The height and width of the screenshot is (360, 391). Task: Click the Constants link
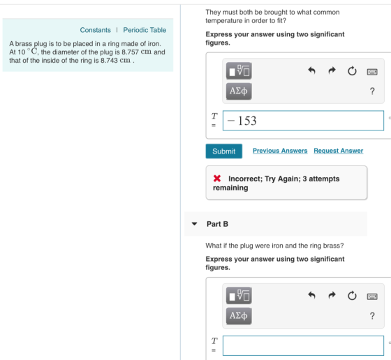(x=95, y=30)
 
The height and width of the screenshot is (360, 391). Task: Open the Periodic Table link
(x=145, y=30)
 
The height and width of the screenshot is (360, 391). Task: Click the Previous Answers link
(x=280, y=151)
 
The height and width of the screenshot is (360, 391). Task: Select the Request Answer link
(x=339, y=151)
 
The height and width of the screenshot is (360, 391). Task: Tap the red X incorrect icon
(x=217, y=179)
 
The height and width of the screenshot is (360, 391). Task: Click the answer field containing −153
(x=303, y=121)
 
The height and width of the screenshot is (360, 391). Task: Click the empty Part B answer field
(x=303, y=345)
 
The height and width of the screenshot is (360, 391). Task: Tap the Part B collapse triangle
(x=194, y=224)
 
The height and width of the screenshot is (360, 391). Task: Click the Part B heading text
(x=217, y=224)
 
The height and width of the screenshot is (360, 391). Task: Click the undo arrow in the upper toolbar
(x=311, y=70)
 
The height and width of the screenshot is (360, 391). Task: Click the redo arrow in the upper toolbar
(x=332, y=70)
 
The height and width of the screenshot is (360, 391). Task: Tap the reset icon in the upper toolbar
(x=352, y=71)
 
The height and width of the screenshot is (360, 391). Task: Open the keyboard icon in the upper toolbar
(x=372, y=72)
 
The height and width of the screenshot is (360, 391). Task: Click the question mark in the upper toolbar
(x=372, y=91)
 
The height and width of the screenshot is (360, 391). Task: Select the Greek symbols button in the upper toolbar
(x=239, y=91)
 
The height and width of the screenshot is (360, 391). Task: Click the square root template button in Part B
(x=239, y=296)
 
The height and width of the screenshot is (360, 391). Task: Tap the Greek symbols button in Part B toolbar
(x=239, y=316)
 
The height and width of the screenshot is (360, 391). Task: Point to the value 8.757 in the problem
(x=130, y=52)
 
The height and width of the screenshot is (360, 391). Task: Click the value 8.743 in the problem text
(x=109, y=61)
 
